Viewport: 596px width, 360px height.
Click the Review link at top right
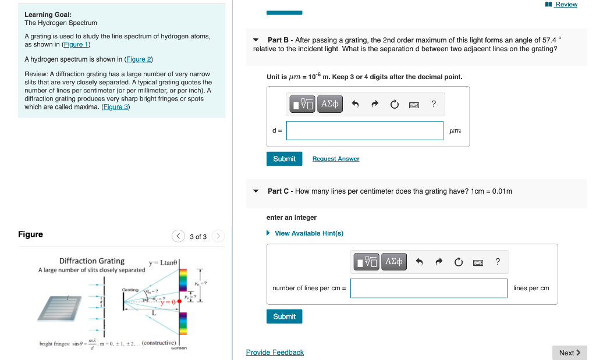point(566,5)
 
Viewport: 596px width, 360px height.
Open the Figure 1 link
point(76,44)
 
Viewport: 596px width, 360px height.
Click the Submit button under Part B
point(284,159)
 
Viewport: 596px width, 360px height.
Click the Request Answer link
point(336,159)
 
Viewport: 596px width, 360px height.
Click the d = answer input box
point(364,130)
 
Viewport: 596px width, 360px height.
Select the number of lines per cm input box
point(428,288)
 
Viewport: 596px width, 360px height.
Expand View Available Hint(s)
point(308,233)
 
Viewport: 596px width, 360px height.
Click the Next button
point(569,352)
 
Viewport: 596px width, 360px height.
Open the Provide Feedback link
point(275,352)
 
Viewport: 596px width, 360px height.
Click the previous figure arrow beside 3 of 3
point(178,236)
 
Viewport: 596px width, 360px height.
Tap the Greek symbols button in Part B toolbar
point(330,104)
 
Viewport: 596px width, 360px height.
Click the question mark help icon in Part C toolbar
point(498,262)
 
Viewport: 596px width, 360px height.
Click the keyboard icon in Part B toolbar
point(414,105)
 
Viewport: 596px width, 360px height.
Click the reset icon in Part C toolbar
point(459,262)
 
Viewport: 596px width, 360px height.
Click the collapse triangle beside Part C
point(256,191)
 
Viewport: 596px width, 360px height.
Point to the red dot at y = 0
point(179,301)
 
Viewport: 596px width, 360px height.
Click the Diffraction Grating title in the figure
point(92,261)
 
